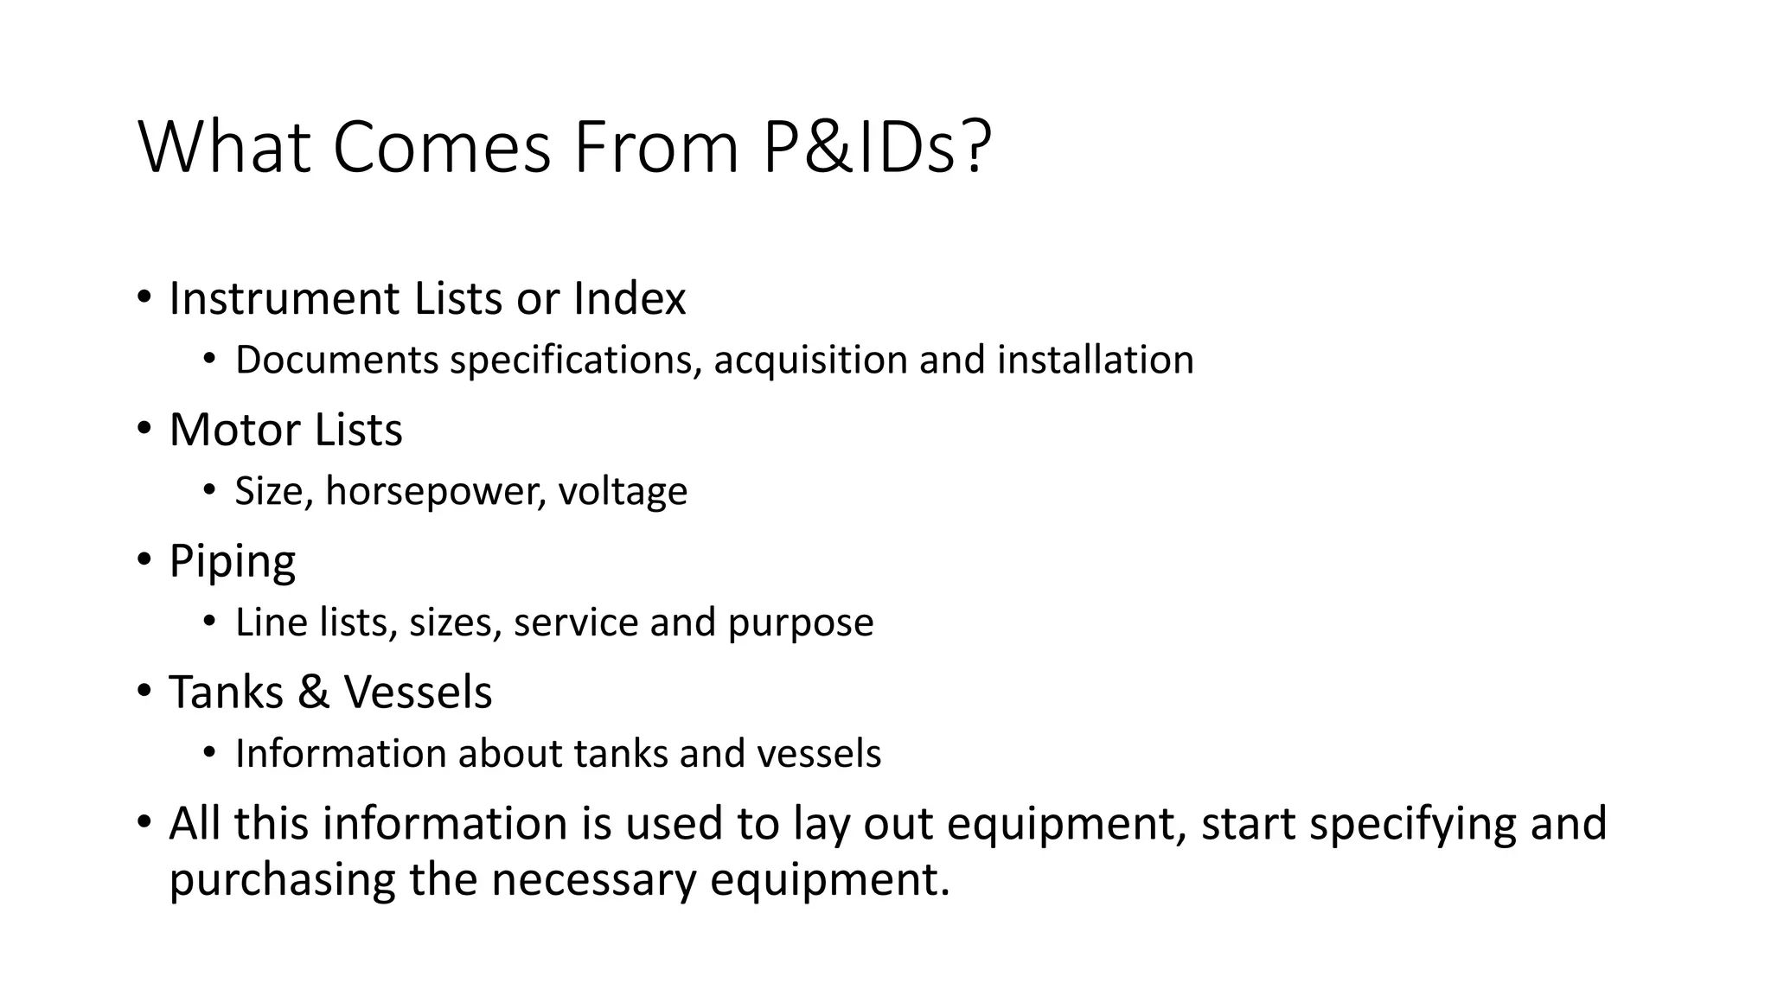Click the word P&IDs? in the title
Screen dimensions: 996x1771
(x=876, y=147)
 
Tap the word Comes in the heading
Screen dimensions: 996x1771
(x=441, y=147)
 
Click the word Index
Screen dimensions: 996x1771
(x=630, y=298)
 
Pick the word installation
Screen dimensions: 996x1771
(x=1095, y=360)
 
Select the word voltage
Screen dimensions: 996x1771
(x=623, y=492)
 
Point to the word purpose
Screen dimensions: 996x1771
(x=801, y=623)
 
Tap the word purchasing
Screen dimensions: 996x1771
(x=282, y=880)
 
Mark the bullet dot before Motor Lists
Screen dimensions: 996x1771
(x=144, y=428)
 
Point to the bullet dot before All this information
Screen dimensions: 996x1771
(x=144, y=821)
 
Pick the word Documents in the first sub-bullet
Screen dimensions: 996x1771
(x=337, y=361)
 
